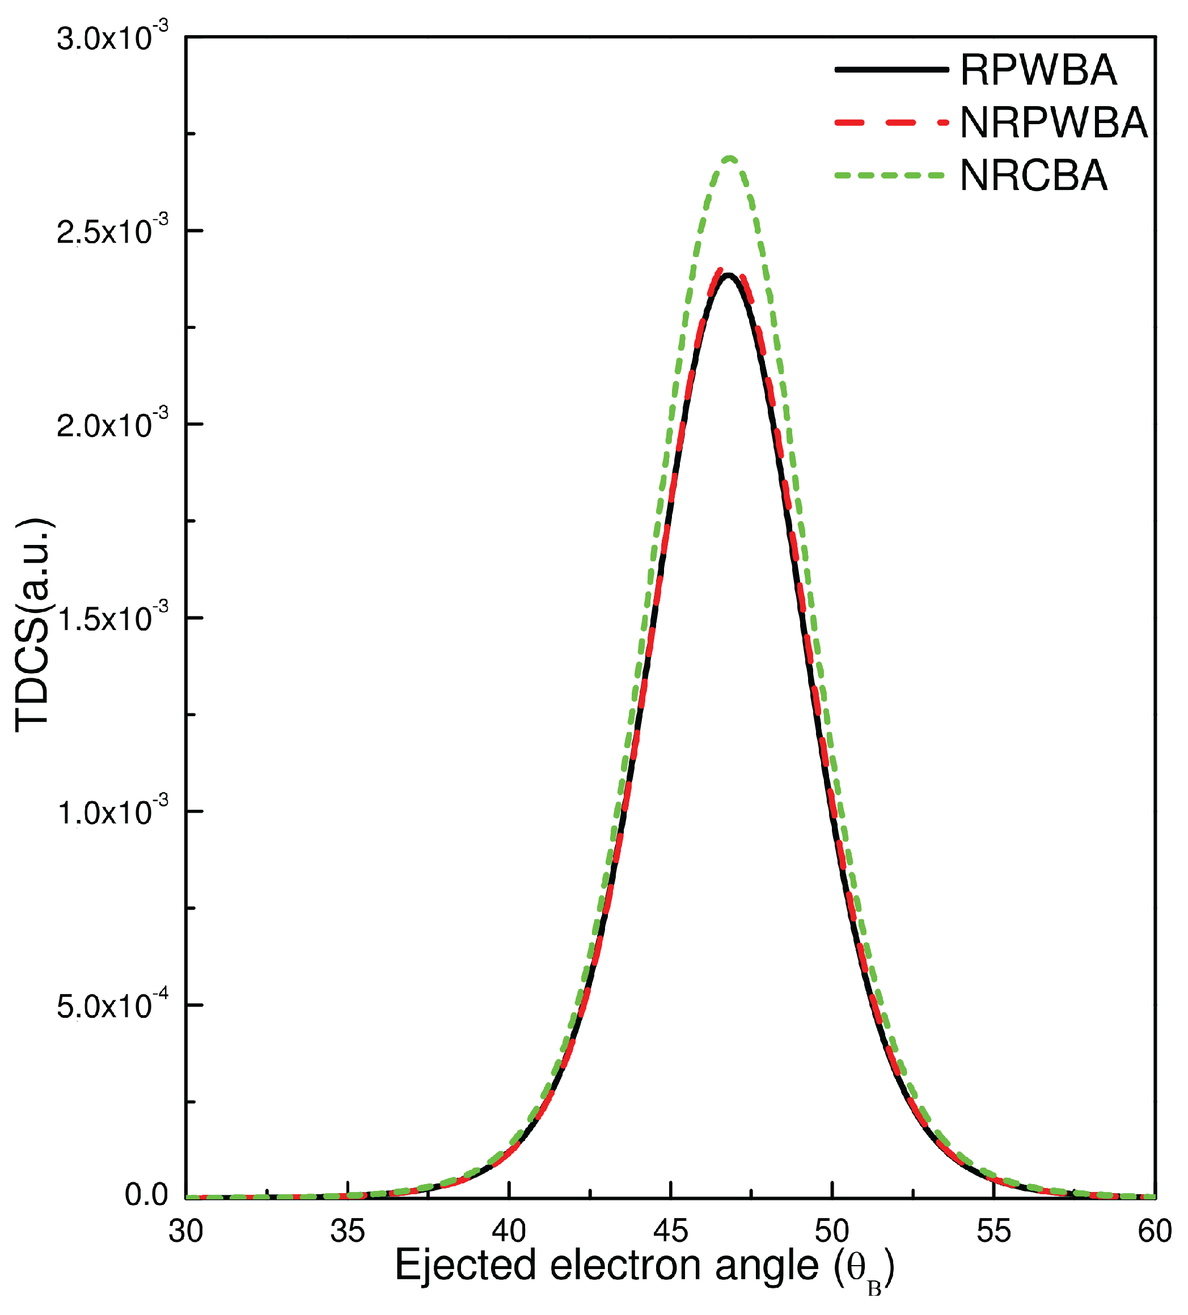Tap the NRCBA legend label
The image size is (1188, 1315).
1033,175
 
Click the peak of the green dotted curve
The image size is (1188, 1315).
730,159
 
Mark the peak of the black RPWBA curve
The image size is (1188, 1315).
728,274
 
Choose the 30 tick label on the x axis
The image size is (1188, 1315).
186,1232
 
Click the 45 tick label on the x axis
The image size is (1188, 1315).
671,1232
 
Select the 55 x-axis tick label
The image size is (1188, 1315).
993,1232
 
